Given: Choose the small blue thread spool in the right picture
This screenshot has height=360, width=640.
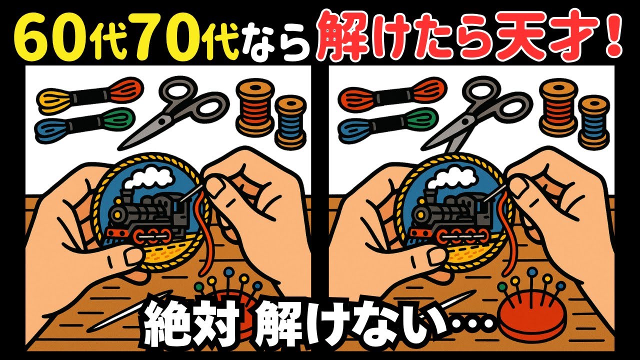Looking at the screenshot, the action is pos(593,123).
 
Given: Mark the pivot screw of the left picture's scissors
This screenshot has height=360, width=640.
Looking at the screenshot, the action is pos(161,121).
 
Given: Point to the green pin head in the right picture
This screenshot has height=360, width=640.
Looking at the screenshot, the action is pos(502,286).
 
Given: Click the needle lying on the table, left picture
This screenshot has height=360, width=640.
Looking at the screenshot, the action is pos(132,310).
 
